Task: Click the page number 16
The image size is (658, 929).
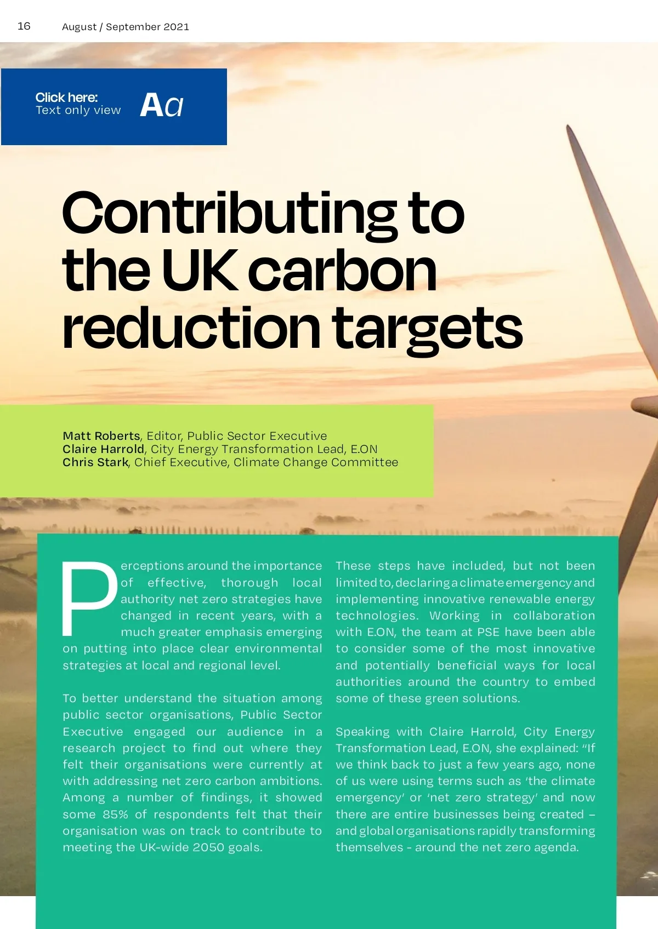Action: click(24, 26)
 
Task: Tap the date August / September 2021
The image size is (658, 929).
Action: click(126, 27)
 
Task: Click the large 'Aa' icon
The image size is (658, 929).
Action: click(162, 105)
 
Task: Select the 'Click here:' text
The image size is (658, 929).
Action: click(66, 98)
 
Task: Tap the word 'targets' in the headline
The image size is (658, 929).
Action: click(428, 329)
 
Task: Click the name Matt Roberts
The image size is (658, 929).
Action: click(101, 436)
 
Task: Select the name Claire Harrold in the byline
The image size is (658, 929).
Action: click(103, 449)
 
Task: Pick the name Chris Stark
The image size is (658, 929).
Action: click(95, 462)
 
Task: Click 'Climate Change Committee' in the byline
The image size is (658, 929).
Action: click(316, 462)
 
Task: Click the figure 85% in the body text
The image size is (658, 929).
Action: click(115, 815)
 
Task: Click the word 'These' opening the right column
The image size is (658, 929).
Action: click(354, 566)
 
